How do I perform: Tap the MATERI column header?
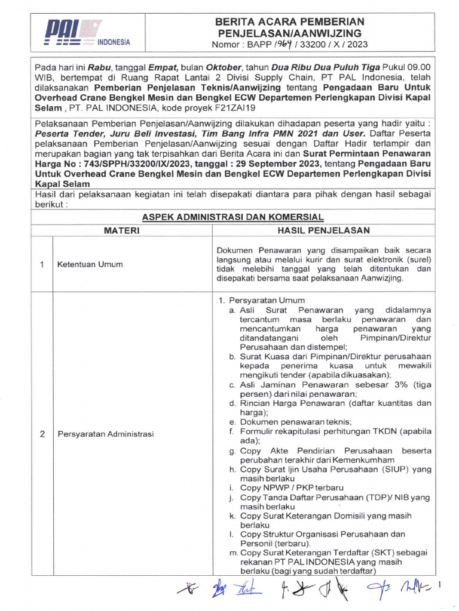click(x=123, y=230)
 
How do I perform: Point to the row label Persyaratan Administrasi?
click(x=105, y=434)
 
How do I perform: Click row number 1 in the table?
click(x=42, y=264)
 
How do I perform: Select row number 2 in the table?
click(x=42, y=434)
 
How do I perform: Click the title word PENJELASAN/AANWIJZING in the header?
click(x=289, y=33)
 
